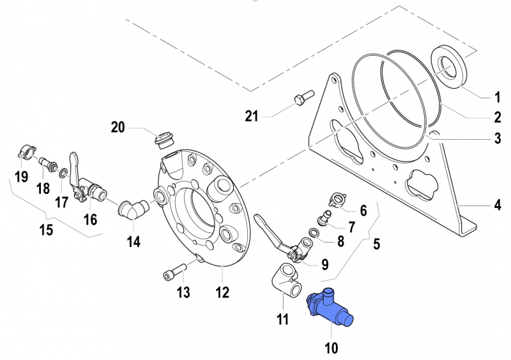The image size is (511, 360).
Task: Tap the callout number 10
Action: click(x=331, y=347)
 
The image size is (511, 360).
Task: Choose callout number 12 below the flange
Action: click(x=221, y=292)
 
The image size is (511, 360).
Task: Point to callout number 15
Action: click(x=46, y=230)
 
